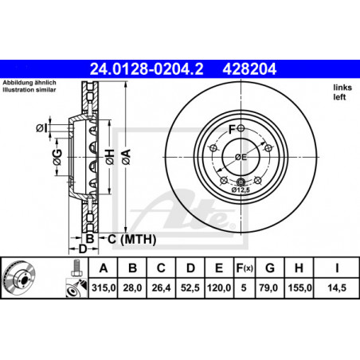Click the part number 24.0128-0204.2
pos(147,68)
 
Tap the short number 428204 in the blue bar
pos(249,68)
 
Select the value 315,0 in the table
pos(104,288)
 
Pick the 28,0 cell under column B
pos(132,288)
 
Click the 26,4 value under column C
pos(161,288)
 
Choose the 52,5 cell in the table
pos(190,288)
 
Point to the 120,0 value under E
pos(219,288)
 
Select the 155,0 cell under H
pos(300,288)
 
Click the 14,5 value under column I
pos(337,288)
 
